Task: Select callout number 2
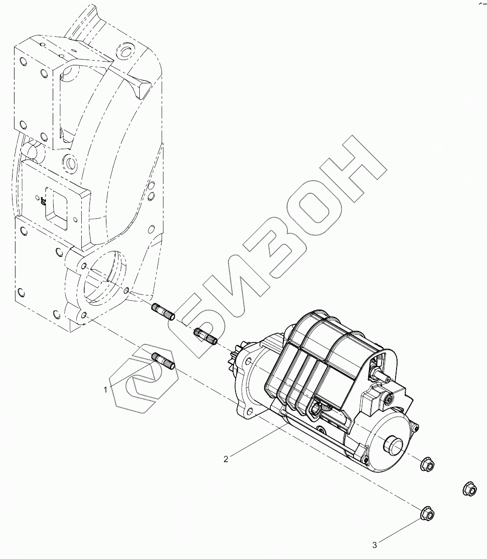(x=226, y=459)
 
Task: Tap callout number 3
(x=374, y=545)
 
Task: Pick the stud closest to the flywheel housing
(x=164, y=311)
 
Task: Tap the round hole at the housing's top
(x=126, y=51)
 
